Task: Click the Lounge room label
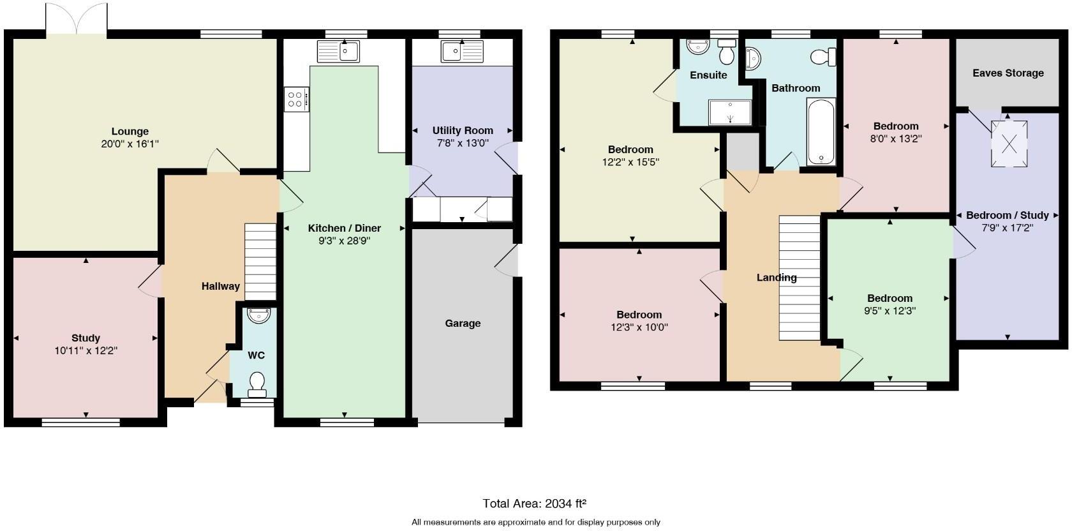130,131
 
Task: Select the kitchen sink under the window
339,51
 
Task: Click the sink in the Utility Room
462,51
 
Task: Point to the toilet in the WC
257,382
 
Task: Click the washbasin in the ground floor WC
258,315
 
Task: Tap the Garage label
463,324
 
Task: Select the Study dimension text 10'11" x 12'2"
86,350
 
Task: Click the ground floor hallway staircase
260,261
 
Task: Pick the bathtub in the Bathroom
821,132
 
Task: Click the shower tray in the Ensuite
731,112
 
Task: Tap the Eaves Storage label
1008,73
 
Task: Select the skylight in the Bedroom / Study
1009,144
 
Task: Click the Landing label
776,278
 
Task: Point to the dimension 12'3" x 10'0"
639,327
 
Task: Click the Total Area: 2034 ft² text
535,504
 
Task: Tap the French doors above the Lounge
77,19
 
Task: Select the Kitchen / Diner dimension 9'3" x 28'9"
345,241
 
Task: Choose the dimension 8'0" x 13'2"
896,138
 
